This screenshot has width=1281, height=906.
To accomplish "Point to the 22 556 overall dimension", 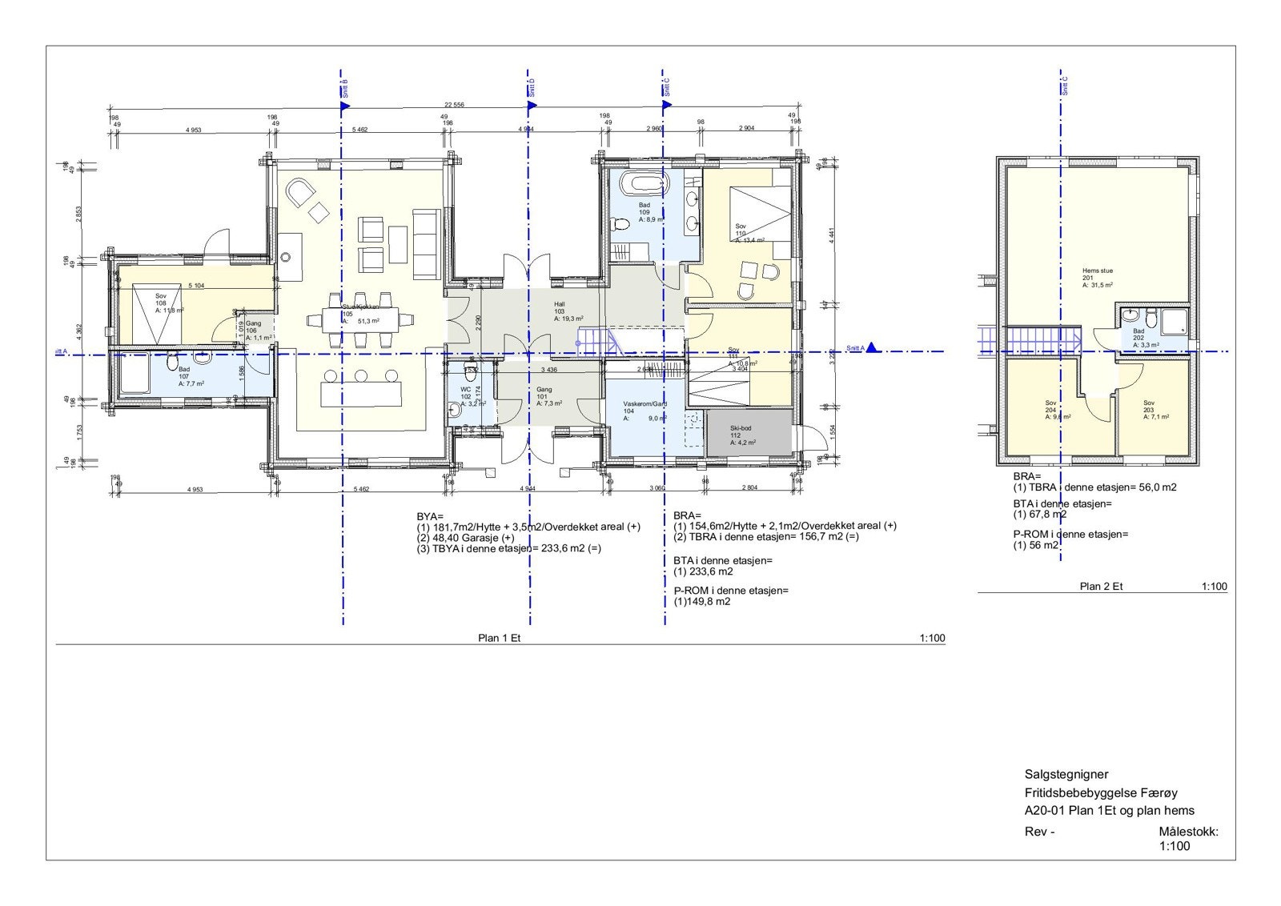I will coord(454,105).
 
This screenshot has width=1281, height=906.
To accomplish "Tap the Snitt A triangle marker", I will coord(873,347).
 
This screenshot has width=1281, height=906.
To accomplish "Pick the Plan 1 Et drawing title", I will coord(500,638).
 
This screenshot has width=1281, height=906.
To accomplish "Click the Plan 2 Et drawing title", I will coord(1101,586).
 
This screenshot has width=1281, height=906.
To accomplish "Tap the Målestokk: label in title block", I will coord(1188,832).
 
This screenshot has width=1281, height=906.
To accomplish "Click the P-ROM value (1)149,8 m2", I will coord(702,601).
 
